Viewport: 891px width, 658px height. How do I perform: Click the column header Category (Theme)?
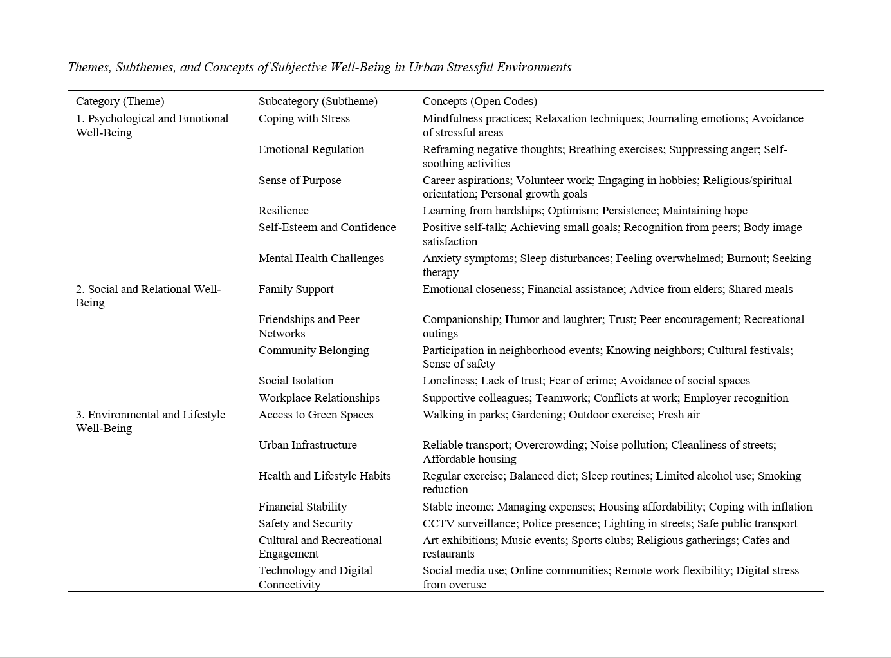tap(120, 101)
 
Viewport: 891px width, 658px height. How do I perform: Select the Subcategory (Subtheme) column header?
tap(318, 101)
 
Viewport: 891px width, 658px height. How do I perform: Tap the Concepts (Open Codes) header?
tap(479, 101)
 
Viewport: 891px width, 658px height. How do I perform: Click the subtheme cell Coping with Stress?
tap(304, 118)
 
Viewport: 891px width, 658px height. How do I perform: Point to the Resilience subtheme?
tap(283, 211)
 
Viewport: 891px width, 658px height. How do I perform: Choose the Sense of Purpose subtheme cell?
tap(300, 180)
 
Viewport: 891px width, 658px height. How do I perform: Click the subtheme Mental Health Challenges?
tap(321, 258)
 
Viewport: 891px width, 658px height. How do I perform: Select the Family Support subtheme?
tap(296, 289)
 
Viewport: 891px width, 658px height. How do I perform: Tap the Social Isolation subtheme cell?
tap(296, 381)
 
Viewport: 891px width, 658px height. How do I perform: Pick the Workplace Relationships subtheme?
tap(319, 398)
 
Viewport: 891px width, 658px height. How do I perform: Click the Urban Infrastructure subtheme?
tap(308, 445)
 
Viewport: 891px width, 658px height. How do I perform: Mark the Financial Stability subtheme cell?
tap(302, 507)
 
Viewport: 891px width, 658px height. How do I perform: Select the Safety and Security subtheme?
tap(306, 523)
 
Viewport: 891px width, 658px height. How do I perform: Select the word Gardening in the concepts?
tap(537, 415)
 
